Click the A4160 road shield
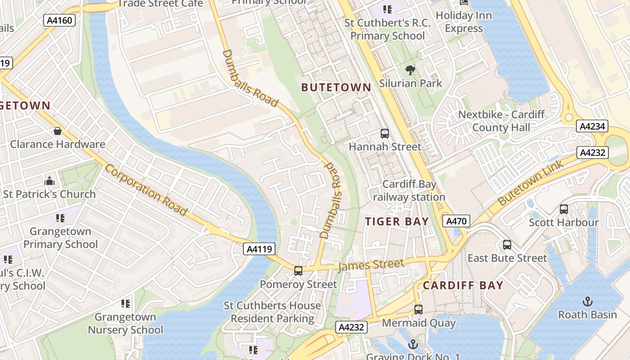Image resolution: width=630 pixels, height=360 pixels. [59, 20]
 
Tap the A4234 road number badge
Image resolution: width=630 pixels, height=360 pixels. [592, 126]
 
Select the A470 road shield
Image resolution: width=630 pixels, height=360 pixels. [456, 221]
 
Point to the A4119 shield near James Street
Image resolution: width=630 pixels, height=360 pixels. [259, 249]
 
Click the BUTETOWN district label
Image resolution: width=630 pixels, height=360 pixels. [336, 88]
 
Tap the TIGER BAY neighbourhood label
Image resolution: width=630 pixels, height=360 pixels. [396, 221]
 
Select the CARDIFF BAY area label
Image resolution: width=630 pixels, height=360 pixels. [463, 285]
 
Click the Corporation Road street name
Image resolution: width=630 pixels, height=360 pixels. [146, 190]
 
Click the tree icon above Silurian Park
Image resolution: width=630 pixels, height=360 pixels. [410, 70]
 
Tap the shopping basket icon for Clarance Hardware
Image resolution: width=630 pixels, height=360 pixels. [58, 131]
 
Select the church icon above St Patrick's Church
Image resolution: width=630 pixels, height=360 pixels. [49, 181]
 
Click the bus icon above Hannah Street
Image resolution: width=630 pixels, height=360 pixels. [385, 133]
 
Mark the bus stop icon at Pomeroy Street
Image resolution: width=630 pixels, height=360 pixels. [298, 271]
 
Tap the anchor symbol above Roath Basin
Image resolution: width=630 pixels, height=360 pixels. [587, 301]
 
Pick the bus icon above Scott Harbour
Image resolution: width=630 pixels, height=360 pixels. [563, 209]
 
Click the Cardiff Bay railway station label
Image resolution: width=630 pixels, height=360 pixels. [409, 191]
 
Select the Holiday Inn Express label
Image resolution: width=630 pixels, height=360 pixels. [463, 22]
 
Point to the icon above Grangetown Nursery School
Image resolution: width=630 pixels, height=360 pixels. [126, 304]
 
